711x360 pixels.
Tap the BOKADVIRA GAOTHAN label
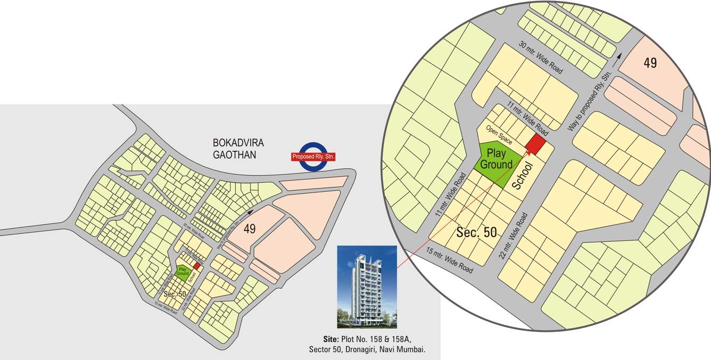[238, 149]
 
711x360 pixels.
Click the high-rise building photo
[367, 287]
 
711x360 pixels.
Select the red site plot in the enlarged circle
[535, 144]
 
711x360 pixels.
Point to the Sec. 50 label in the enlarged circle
[476, 232]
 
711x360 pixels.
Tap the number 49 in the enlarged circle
[650, 63]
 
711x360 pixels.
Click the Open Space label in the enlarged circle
[499, 135]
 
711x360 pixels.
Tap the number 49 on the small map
[250, 229]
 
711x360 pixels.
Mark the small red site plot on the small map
[196, 266]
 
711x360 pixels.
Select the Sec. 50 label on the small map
[175, 294]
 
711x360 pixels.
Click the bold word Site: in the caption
[330, 339]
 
